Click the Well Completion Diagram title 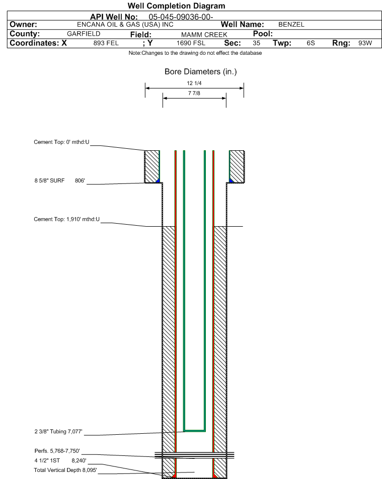click(x=176, y=6)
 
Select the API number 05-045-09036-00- click(x=181, y=17)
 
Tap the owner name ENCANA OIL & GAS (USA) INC click(x=125, y=25)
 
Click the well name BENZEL click(x=291, y=25)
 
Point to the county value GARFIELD click(x=84, y=34)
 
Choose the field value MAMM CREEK click(x=204, y=35)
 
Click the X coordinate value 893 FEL click(x=106, y=43)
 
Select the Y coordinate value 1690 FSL click(x=191, y=43)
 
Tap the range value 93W click(x=365, y=43)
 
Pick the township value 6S click(x=311, y=43)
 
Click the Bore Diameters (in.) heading click(x=201, y=71)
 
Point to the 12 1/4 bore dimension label click(x=194, y=83)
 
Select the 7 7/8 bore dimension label click(x=194, y=93)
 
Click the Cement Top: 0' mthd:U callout click(x=61, y=142)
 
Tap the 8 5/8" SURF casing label click(x=49, y=180)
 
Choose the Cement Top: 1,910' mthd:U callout click(x=66, y=219)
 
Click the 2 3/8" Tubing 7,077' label click(x=58, y=432)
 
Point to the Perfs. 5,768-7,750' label click(x=57, y=451)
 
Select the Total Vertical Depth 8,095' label click(x=65, y=470)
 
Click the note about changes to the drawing click(x=195, y=53)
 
